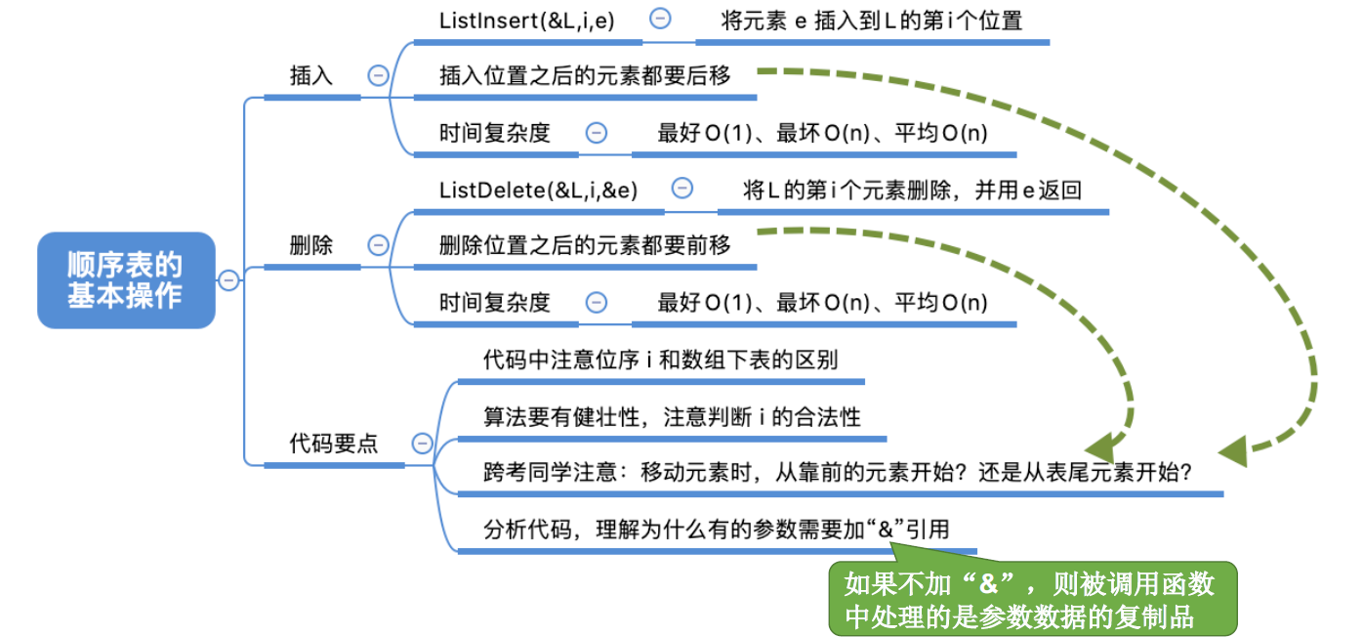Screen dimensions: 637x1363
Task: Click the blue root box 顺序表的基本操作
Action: (x=125, y=279)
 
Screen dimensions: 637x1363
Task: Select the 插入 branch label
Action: (x=311, y=76)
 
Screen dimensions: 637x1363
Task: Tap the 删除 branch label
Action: (x=311, y=245)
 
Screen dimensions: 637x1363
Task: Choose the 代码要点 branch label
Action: (x=334, y=444)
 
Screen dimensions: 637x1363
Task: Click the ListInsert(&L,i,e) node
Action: (x=527, y=21)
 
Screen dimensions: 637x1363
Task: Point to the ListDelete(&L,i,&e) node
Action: (x=538, y=190)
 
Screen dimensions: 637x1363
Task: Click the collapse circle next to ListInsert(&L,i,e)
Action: (x=661, y=19)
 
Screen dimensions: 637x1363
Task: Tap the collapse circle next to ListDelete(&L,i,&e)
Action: (x=683, y=189)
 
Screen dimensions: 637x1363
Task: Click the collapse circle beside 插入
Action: (x=377, y=76)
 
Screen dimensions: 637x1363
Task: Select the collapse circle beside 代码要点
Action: (x=422, y=444)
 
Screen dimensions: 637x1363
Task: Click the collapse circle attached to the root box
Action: (x=227, y=280)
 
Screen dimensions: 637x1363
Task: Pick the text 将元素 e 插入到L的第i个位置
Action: (x=872, y=21)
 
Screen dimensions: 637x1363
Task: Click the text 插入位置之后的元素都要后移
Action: (x=585, y=75)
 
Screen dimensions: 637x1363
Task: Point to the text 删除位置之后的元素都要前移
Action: (x=585, y=245)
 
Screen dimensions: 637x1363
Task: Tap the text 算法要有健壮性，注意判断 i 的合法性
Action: (x=672, y=416)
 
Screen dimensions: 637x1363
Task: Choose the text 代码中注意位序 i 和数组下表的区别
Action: (x=660, y=360)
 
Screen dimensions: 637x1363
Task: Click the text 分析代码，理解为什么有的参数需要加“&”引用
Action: (x=716, y=530)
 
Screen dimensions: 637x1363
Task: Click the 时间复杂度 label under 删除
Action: (x=495, y=302)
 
